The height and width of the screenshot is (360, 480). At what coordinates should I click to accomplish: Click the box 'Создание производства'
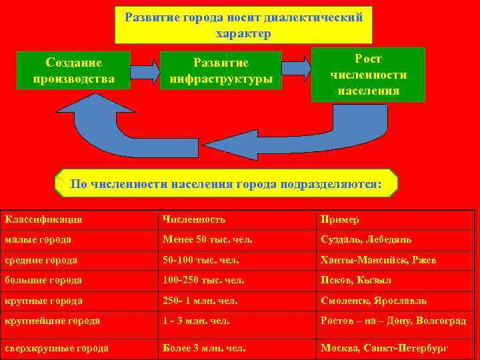pos(74,71)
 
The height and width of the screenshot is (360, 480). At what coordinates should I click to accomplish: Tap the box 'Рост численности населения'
pos(368,74)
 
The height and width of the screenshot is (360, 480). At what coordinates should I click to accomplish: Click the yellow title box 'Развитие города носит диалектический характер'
pos(243,25)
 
